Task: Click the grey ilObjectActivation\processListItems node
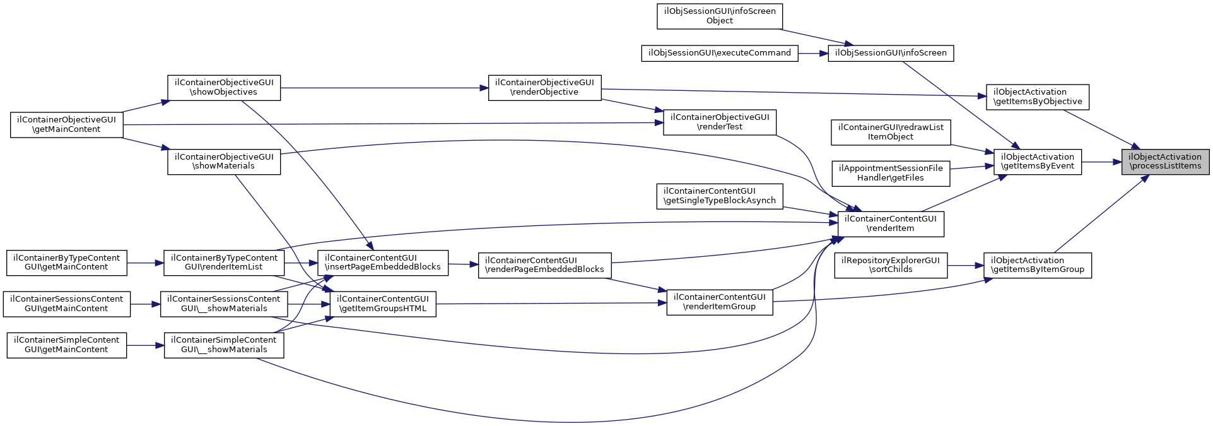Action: click(1164, 162)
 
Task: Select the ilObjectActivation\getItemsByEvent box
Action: click(1037, 162)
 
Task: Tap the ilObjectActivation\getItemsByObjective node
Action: click(1037, 97)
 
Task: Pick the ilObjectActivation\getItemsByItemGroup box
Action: click(1037, 265)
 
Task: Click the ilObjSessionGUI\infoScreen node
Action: click(890, 53)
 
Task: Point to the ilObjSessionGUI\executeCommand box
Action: click(719, 53)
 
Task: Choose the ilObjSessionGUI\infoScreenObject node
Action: click(719, 16)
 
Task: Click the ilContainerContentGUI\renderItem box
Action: click(890, 224)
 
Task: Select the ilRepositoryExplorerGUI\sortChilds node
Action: click(890, 265)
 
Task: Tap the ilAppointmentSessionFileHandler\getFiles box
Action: click(890, 174)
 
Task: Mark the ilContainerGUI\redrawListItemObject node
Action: click(890, 132)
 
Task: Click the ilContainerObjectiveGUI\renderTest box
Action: click(719, 122)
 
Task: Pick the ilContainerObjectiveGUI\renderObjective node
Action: click(544, 88)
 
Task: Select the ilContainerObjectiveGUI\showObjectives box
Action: click(224, 88)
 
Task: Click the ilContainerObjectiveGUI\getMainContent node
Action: click(66, 124)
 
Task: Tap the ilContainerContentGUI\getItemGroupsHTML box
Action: click(383, 304)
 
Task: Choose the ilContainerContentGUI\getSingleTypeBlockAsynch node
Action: click(719, 196)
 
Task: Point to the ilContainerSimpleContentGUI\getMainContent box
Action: click(66, 345)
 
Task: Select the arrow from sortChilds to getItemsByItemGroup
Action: click(965, 265)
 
